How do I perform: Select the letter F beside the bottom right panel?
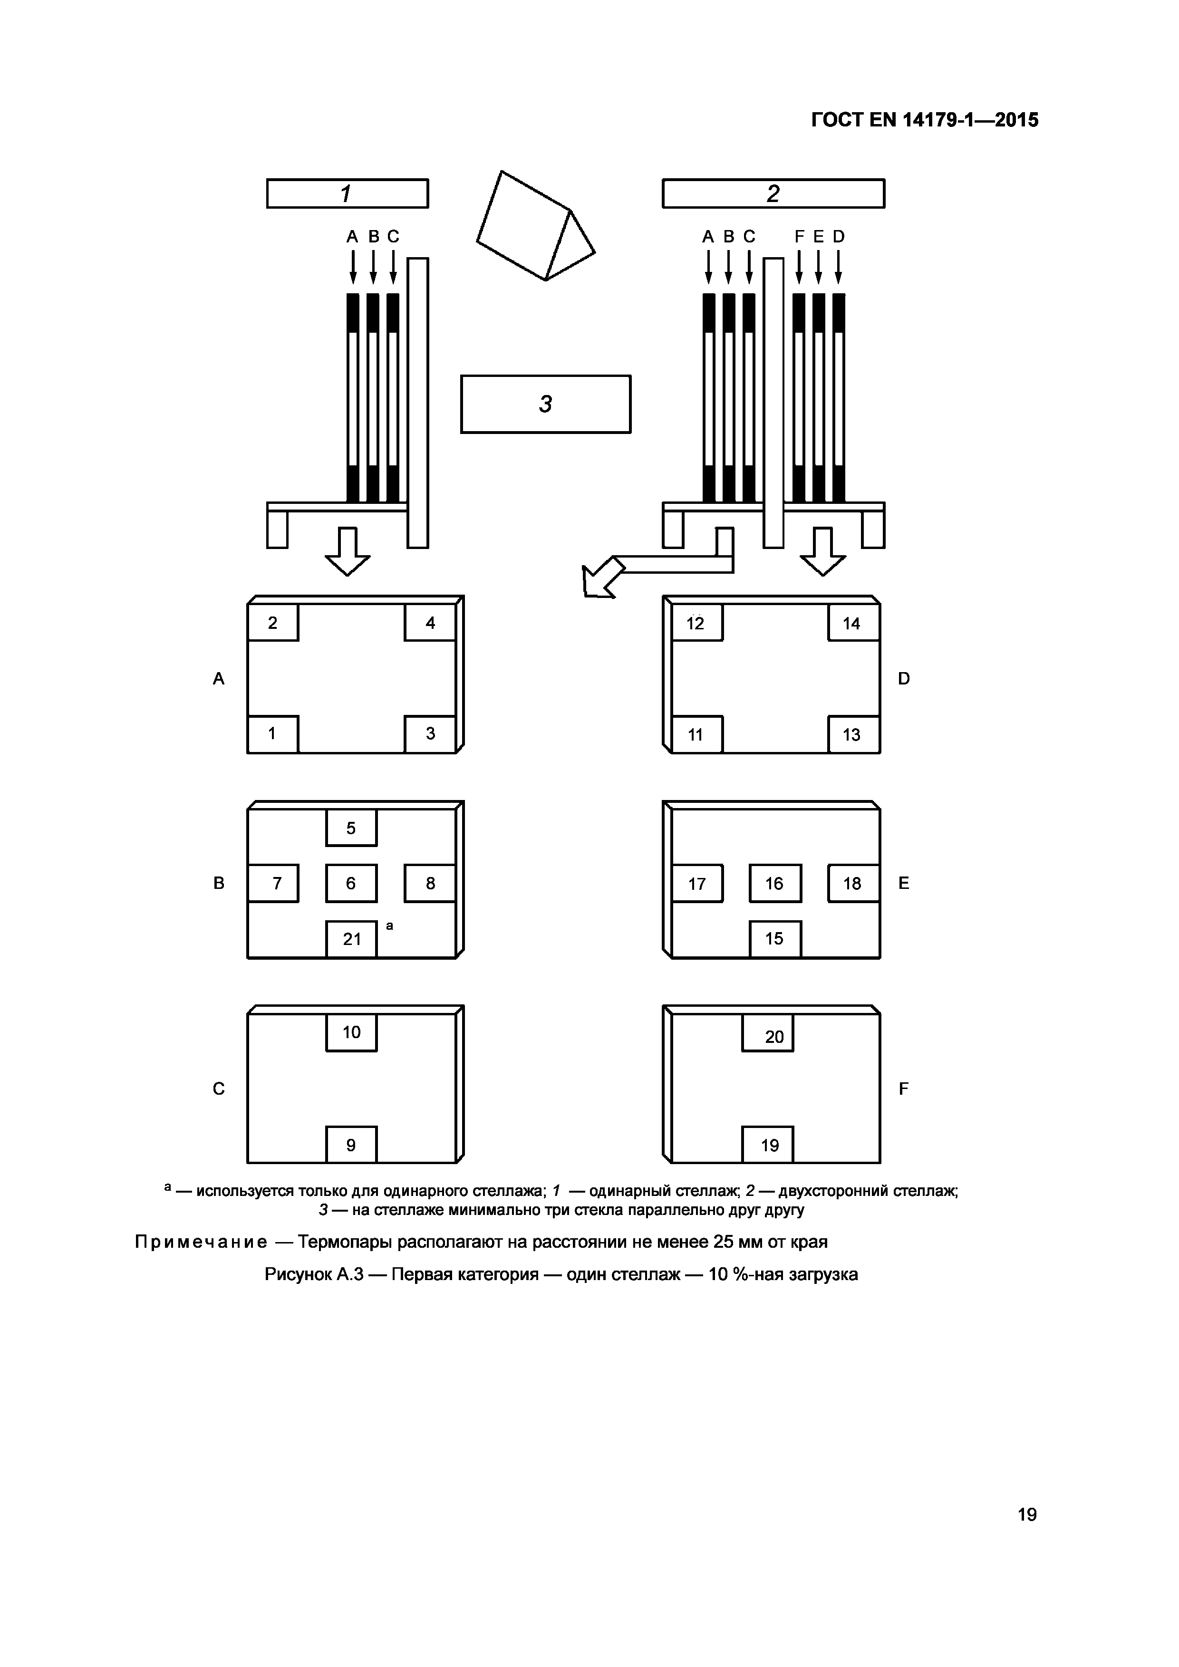(x=904, y=1089)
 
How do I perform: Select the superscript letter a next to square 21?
(x=390, y=925)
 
